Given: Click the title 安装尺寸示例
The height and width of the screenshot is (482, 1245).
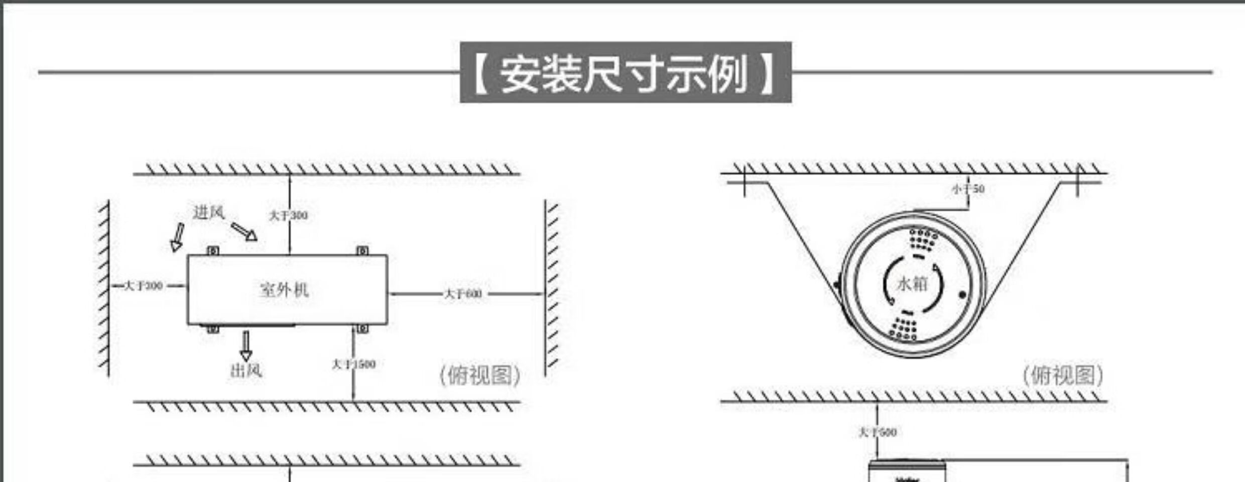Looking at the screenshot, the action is point(625,73).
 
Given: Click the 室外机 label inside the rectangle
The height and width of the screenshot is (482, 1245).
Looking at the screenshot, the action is point(284,290).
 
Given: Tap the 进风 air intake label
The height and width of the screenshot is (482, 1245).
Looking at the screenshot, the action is point(208,212).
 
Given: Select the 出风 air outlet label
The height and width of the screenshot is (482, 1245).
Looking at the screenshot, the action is point(245,371).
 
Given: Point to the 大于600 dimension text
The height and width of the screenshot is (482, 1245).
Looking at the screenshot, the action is point(463,294).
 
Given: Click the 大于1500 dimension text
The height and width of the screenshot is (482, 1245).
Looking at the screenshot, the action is point(353,364).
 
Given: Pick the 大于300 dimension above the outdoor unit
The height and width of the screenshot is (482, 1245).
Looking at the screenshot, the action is point(289,215).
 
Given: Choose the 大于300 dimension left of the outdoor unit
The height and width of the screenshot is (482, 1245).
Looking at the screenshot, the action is point(144,286).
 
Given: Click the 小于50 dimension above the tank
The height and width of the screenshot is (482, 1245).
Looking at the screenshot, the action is point(968,189).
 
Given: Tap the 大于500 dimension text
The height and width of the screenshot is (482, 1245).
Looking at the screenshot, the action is point(878,432).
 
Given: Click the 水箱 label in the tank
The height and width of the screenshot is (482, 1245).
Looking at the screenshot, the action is point(912,284).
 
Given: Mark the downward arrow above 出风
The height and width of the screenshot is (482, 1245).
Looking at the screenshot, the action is point(245,345).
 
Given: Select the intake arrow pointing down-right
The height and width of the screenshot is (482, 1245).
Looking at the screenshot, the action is point(244,232).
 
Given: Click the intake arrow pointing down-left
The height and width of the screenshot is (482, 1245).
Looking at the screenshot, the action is point(177,237).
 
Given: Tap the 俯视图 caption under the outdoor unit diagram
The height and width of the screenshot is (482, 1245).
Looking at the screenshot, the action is point(480,376).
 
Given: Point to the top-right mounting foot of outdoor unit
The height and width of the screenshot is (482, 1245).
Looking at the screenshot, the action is point(362,251).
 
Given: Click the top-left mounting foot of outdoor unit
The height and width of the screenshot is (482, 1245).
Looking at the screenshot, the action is point(213,251).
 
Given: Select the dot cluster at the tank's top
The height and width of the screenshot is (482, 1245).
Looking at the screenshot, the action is point(924,239).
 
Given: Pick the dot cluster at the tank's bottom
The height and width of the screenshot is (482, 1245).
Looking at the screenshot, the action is point(904,329).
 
